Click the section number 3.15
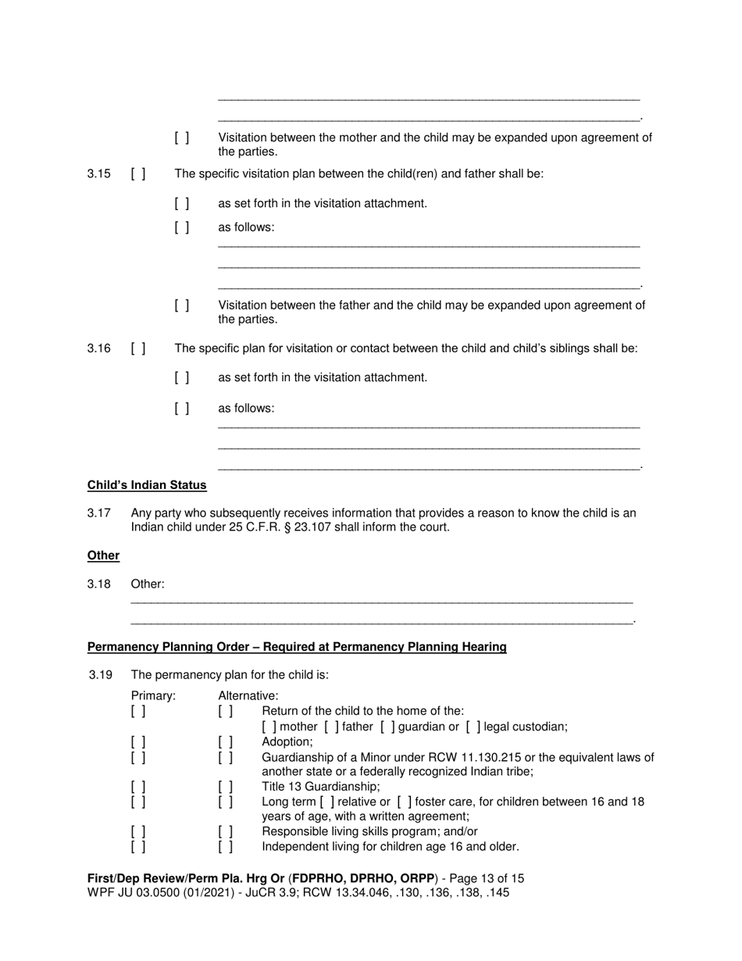click(x=98, y=173)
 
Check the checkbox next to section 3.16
click(x=138, y=348)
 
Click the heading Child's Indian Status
click(x=147, y=485)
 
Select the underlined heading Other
click(x=103, y=556)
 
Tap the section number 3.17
click(x=98, y=513)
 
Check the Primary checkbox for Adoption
click(x=138, y=741)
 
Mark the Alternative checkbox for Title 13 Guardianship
click(x=226, y=787)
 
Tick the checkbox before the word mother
click(x=269, y=727)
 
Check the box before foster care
click(x=405, y=802)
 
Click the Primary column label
click(x=153, y=695)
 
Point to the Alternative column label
click(x=248, y=695)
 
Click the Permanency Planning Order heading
click(x=297, y=647)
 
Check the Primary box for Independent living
click(x=138, y=846)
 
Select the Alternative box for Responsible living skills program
click(x=226, y=831)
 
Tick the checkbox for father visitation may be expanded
click(x=182, y=305)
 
